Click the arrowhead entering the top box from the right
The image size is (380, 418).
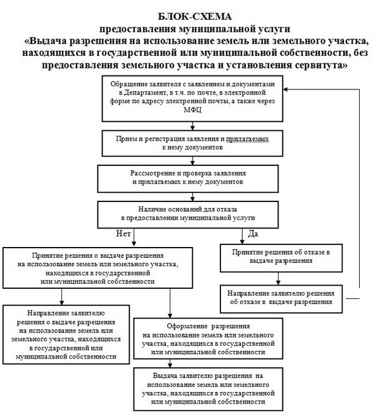pyautogui.click(x=287, y=90)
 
